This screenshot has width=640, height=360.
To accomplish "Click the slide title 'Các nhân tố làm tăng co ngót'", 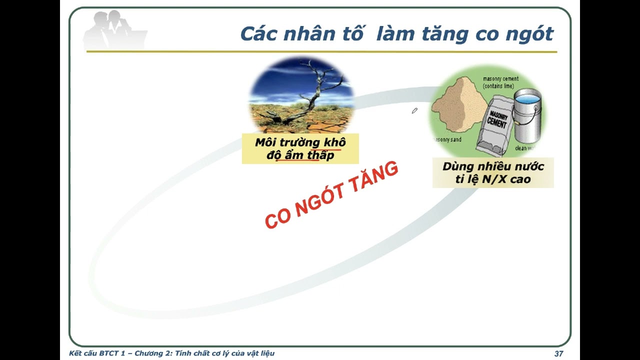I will click(x=396, y=33).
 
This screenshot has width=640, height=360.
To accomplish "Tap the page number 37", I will click(x=559, y=353).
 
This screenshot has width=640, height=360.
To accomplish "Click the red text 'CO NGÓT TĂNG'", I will click(x=331, y=195).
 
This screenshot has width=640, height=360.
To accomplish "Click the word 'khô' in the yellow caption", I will click(x=334, y=142).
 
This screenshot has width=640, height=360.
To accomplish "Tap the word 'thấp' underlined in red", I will click(x=320, y=155).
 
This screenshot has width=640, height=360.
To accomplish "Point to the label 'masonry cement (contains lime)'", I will click(x=500, y=82).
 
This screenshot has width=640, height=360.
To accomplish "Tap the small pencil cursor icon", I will click(x=414, y=111).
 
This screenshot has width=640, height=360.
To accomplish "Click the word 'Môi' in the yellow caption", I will click(x=265, y=142).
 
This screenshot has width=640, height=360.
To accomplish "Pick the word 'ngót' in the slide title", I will click(x=531, y=34).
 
